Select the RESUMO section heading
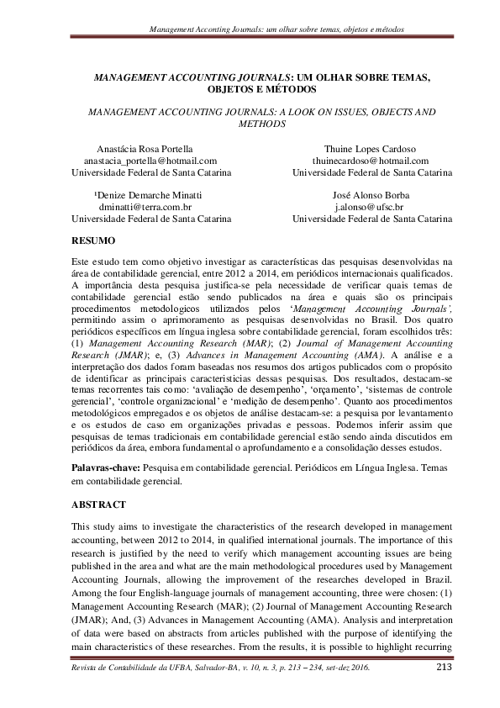92,241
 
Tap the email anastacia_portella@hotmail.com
150,161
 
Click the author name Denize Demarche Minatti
149,193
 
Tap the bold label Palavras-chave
106,466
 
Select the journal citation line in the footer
220,669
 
